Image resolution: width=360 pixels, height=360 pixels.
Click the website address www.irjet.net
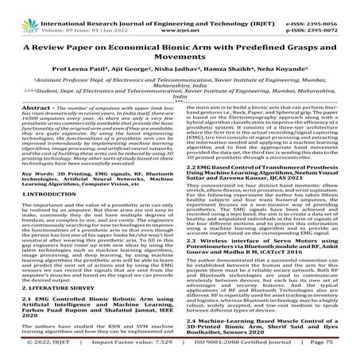tap(180, 15)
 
